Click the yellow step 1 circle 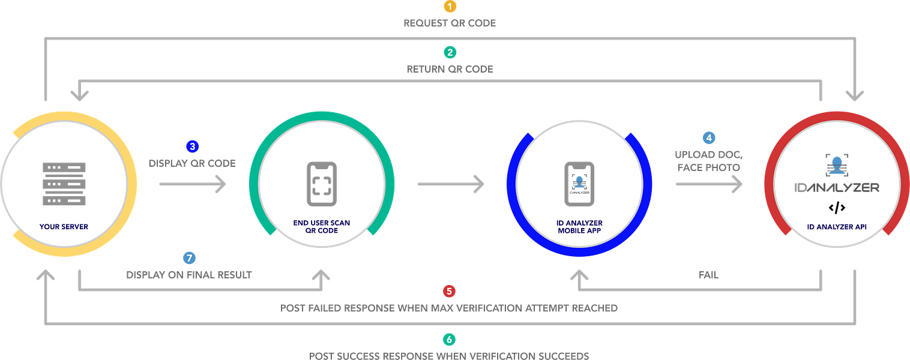point(450,7)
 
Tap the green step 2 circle point(450,52)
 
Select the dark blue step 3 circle point(192,146)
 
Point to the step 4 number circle point(709,137)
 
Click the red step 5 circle point(449,291)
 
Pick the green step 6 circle point(449,340)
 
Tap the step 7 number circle point(189,258)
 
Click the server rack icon point(64,184)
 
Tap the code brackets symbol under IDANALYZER point(837,208)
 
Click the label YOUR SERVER point(64,227)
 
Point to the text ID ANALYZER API point(837,227)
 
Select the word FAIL point(708,275)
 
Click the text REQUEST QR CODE point(450,23)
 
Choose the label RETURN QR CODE point(450,69)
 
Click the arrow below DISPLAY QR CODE point(192,184)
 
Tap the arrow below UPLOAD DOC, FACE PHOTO point(708,184)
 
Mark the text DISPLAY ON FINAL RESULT point(189,275)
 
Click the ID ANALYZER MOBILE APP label point(579,227)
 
